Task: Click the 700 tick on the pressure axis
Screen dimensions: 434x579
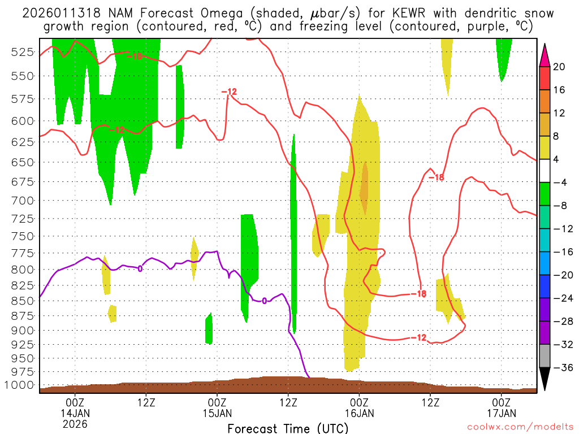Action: [23, 200]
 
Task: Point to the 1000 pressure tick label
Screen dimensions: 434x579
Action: [20, 385]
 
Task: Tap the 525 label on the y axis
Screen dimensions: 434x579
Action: [23, 52]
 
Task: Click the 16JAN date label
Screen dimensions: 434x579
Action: [359, 413]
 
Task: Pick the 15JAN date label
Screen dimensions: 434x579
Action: [217, 413]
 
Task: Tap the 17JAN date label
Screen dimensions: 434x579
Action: [502, 413]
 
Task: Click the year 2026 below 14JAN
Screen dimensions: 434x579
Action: [75, 423]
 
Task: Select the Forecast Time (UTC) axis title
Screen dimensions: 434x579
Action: [288, 428]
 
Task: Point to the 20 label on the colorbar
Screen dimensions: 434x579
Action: [559, 67]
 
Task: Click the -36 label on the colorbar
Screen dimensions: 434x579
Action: [561, 367]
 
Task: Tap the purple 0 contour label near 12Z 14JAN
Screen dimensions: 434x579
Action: [140, 268]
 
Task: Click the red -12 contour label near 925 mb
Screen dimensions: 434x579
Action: [418, 337]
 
